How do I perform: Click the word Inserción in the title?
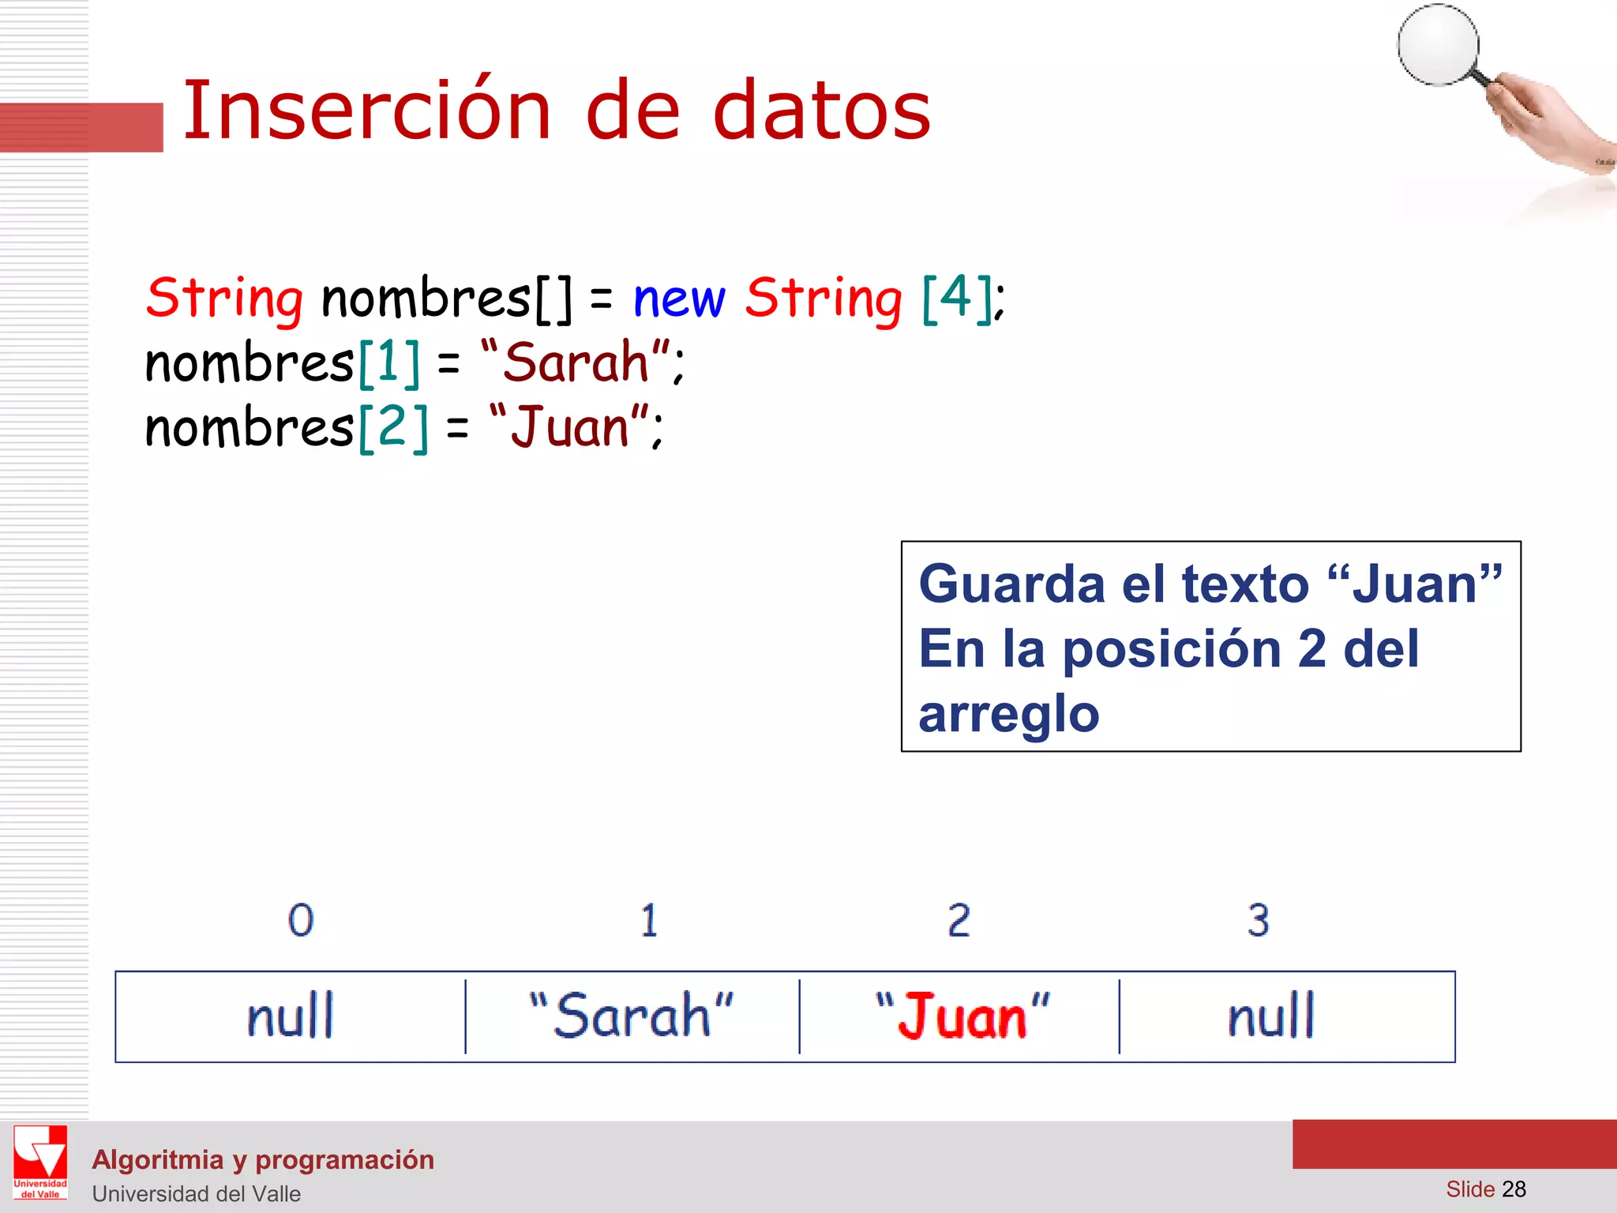point(367,111)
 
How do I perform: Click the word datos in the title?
point(822,111)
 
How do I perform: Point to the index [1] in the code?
point(389,363)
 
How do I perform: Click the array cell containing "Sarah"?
point(632,1016)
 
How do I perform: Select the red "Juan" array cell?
point(959,1016)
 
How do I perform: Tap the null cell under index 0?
point(291,1016)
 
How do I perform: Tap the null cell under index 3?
point(1287,1016)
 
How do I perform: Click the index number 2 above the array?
point(959,920)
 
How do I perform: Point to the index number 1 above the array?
point(649,920)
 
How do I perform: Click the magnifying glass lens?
point(1438,45)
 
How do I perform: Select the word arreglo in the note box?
point(1009,714)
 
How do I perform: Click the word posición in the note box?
point(1172,649)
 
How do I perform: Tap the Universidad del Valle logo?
point(40,1162)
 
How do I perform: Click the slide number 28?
point(1514,1189)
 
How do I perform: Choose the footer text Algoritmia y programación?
point(263,1159)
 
